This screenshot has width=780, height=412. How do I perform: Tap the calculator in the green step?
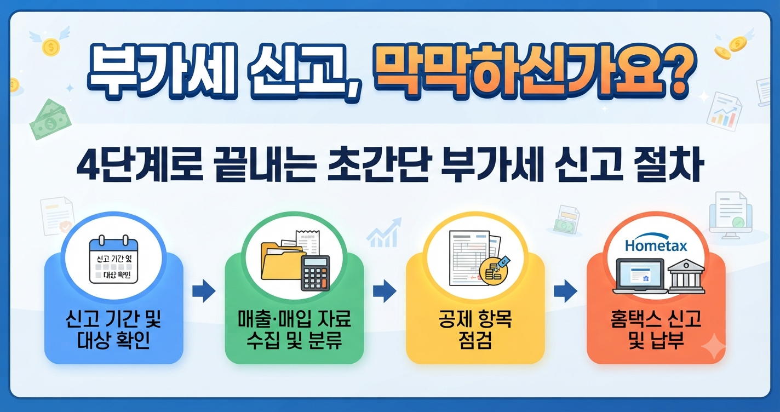point(315,273)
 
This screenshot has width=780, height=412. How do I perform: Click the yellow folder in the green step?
point(282,261)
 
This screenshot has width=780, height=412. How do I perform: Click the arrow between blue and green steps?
point(204,291)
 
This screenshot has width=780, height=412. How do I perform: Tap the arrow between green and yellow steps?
point(385,291)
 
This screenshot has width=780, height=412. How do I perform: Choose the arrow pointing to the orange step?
point(565,291)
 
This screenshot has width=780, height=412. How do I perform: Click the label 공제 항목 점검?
point(475,329)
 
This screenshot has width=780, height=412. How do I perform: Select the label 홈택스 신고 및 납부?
point(656,329)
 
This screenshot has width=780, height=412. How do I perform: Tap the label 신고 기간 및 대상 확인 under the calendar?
point(113,329)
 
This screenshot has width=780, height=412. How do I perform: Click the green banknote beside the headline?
point(50,119)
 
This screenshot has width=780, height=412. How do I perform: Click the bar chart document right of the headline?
point(724,111)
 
